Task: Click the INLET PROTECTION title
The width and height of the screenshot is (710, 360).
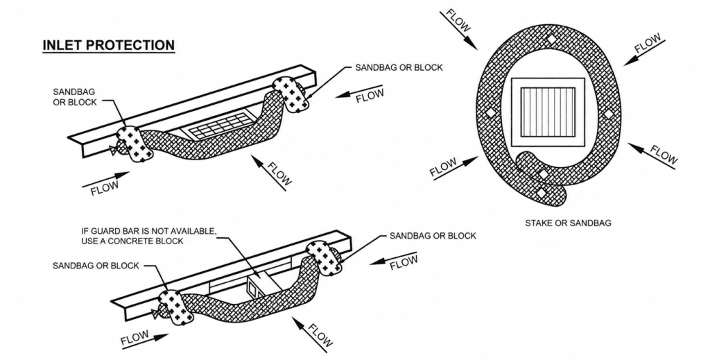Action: point(109,45)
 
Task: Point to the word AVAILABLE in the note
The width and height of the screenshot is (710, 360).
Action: point(191,232)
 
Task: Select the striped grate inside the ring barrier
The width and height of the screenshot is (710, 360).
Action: point(548,112)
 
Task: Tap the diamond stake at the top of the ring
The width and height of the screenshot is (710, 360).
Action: point(551,40)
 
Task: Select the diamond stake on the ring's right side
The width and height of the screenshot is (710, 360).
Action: point(609,113)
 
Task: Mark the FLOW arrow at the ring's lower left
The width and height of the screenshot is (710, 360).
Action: point(456,168)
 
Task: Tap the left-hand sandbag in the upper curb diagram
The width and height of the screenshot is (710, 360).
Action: point(135,144)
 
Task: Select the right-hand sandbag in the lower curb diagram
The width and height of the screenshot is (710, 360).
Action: point(324,258)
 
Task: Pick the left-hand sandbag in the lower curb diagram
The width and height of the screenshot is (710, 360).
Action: point(177,308)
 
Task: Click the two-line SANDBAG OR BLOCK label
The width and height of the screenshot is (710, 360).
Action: point(75,97)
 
